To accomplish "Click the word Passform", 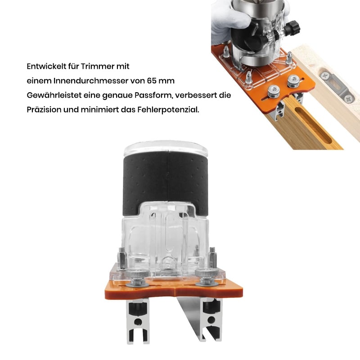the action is (x=153, y=95).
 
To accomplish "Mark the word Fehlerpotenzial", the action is (x=168, y=110).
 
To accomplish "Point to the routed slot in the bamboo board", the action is (x=313, y=125).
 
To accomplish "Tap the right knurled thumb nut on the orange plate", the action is (x=207, y=277).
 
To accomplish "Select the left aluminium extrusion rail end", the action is (x=138, y=321).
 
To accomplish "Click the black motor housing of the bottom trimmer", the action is (x=165, y=181).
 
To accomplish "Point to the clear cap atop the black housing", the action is (x=166, y=147).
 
